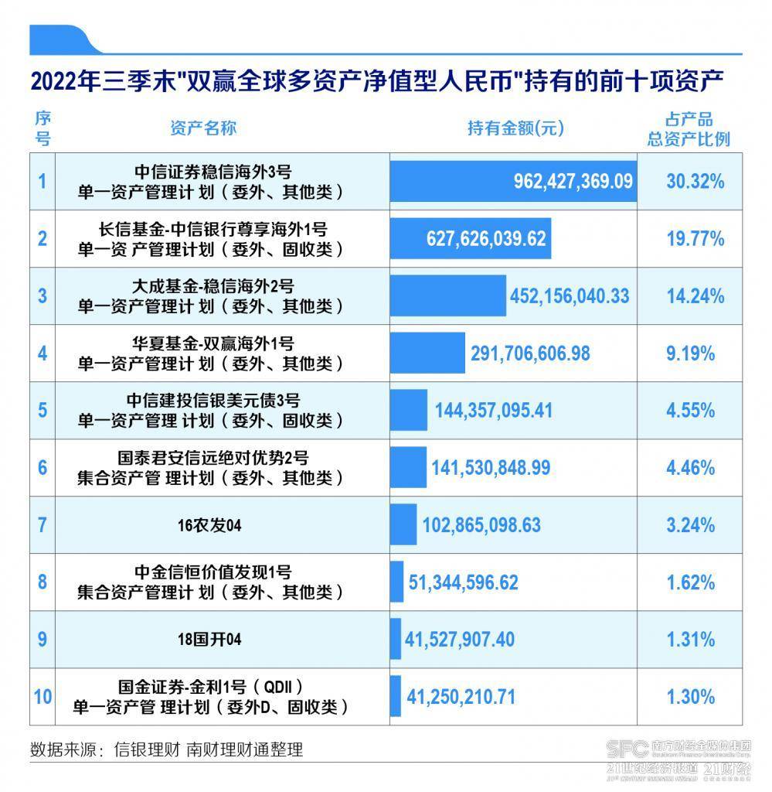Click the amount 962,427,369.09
(x=573, y=182)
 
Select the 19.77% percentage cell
(x=695, y=238)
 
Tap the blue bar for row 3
(x=448, y=295)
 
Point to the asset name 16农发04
(x=209, y=525)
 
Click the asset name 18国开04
(x=209, y=640)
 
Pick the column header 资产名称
(x=202, y=128)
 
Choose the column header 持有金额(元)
(x=515, y=128)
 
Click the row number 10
(x=43, y=697)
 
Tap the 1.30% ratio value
(x=695, y=697)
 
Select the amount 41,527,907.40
(x=460, y=640)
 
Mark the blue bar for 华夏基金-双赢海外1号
(x=428, y=353)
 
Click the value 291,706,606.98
(x=530, y=353)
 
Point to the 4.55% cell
(x=695, y=410)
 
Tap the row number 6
(x=43, y=467)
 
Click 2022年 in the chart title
(x=66, y=82)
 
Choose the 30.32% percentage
(x=695, y=182)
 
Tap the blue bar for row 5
(x=409, y=410)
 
